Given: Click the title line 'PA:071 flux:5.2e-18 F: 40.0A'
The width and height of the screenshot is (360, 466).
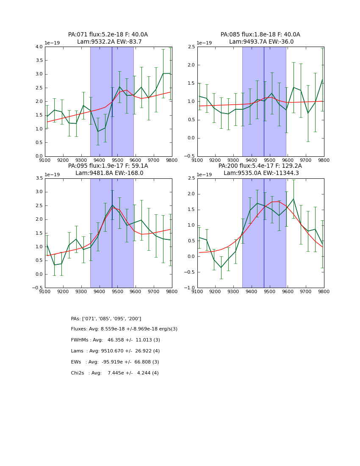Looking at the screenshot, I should coord(108,35).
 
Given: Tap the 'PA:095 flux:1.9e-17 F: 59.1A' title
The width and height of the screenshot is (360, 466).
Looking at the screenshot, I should coord(108,166).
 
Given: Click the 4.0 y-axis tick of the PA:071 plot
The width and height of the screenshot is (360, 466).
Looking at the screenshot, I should coord(39,47).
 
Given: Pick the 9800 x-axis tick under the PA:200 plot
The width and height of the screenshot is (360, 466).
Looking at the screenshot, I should coord(324,291).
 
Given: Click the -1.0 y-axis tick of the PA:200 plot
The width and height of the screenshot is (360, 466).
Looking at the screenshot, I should coord(190,288).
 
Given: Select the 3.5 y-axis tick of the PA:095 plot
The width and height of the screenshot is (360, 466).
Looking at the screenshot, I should coord(39,178).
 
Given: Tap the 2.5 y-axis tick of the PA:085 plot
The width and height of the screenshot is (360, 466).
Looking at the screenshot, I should coord(191,47).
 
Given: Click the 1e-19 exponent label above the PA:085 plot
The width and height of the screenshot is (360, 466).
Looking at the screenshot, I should coord(205,43).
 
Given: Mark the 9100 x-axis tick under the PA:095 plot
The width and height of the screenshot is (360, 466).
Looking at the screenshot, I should coord(45,291).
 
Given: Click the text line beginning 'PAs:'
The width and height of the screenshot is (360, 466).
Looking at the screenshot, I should coord(106,319).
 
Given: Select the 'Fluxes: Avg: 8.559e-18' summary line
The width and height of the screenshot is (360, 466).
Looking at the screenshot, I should coord(124,329).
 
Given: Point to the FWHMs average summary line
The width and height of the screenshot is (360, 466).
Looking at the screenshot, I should coord(115,340).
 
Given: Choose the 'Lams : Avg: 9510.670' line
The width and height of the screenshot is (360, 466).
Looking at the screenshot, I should coord(115,351).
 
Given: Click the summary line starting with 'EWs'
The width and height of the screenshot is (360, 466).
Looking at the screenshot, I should coord(115,362).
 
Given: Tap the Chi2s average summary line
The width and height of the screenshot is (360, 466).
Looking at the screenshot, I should coord(115,373).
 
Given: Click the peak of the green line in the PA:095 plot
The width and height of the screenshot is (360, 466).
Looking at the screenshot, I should coord(112,205).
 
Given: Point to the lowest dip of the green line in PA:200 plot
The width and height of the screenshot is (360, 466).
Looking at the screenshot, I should coord(221,267).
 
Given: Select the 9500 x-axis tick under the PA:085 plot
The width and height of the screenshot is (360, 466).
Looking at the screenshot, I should coord(270,160).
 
